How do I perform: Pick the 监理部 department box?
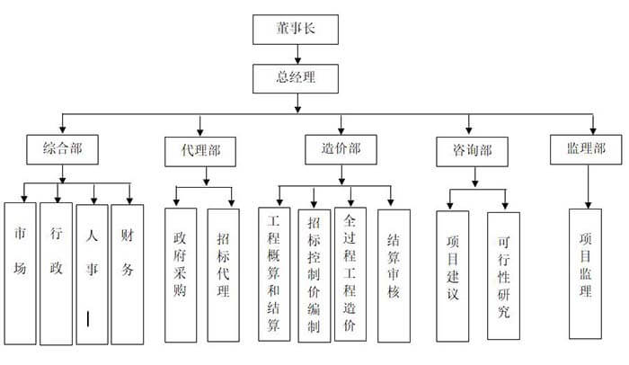[x=586, y=149]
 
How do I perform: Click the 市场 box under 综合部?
[x=20, y=272]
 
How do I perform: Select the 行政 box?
[x=56, y=272]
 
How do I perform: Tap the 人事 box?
[x=92, y=272]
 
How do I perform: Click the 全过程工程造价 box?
[x=350, y=273]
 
